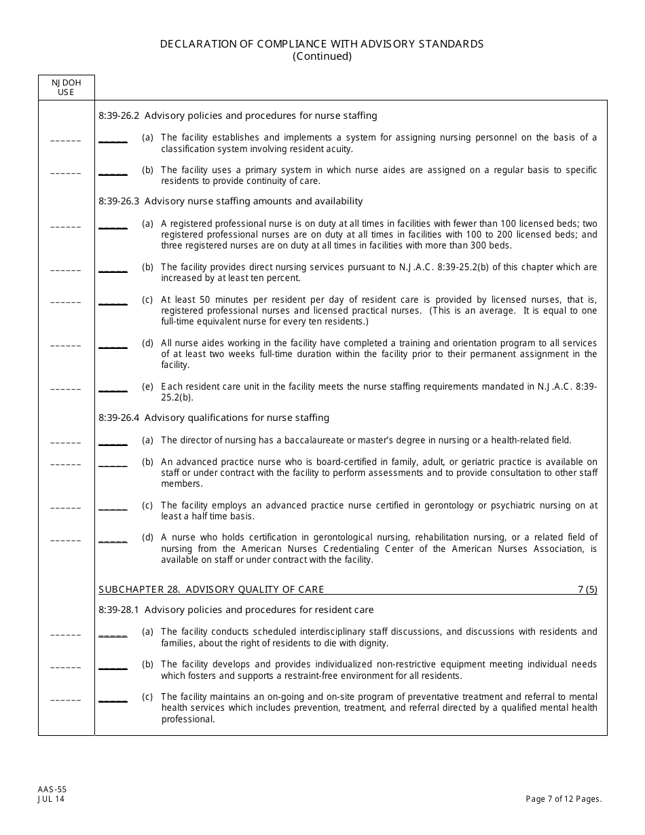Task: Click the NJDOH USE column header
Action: coord(66,87)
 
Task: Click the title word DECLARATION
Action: coord(194,44)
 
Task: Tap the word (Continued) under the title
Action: coord(322,56)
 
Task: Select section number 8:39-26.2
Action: coord(119,115)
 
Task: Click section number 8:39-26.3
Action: coord(119,201)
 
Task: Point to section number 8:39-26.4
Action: coord(119,417)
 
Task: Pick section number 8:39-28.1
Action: coord(119,610)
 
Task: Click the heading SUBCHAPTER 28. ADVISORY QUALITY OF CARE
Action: coord(211,589)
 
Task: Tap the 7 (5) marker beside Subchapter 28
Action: coord(587,589)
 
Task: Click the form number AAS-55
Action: coord(52,790)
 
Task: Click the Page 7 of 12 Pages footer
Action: coord(564,799)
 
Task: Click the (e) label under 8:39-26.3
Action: coord(147,387)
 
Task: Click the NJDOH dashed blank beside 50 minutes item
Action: coord(66,302)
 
